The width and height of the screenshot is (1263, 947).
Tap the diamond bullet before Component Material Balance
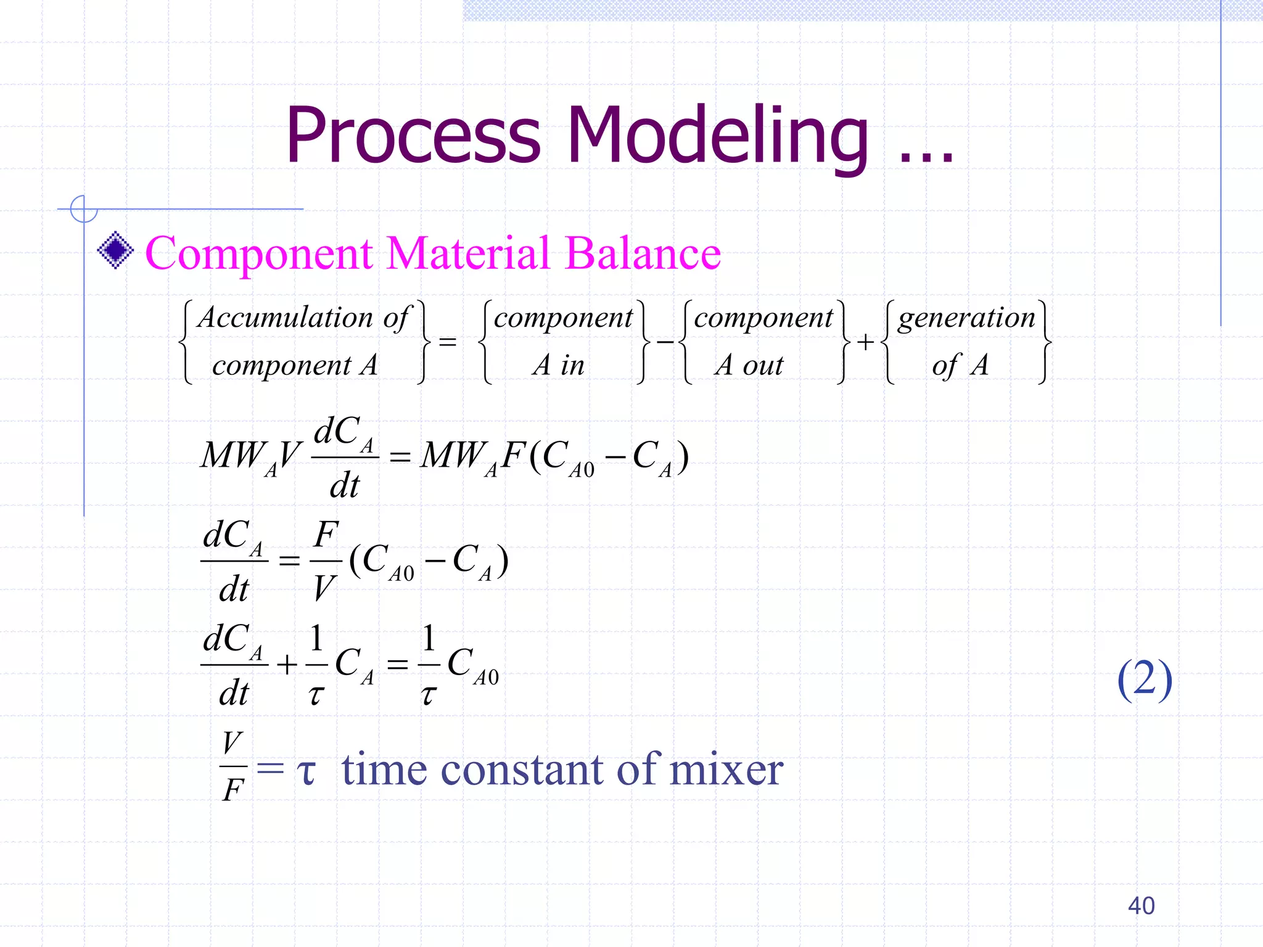[x=115, y=250]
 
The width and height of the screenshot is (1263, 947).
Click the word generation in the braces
[x=966, y=319]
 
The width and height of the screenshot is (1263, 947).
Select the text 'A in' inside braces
[x=559, y=365]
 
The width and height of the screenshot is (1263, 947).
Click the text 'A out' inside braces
[x=749, y=365]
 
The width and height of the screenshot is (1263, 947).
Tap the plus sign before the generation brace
[x=865, y=342]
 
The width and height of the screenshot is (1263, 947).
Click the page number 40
[x=1141, y=906]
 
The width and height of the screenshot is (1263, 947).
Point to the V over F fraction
[x=233, y=766]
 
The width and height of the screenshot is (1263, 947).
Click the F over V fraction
[x=326, y=560]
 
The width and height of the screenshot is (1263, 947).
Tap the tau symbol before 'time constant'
[x=306, y=771]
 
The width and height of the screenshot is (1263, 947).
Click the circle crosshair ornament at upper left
[x=84, y=209]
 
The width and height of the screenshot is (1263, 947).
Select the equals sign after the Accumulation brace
[x=448, y=342]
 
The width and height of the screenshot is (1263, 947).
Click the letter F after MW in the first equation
[x=512, y=456]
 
